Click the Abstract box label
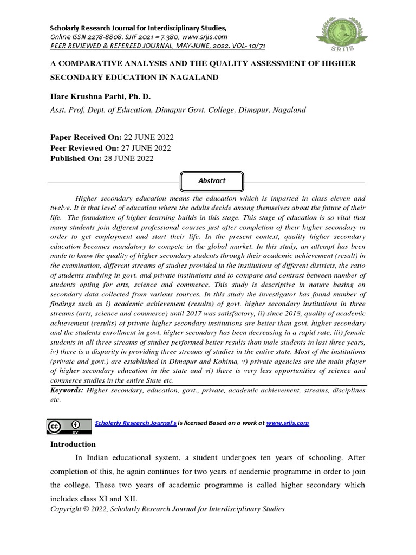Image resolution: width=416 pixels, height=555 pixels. [211, 181]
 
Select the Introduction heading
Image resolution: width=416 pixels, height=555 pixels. [73, 444]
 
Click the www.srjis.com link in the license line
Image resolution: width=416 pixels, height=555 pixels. [287, 423]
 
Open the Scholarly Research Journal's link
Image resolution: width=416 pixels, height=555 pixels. [135, 423]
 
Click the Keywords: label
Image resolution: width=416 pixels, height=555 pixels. [67, 390]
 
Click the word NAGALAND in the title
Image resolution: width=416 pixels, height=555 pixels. [194, 78]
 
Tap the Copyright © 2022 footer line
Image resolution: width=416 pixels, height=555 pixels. [167, 509]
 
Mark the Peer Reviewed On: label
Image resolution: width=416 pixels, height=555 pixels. [83, 148]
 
